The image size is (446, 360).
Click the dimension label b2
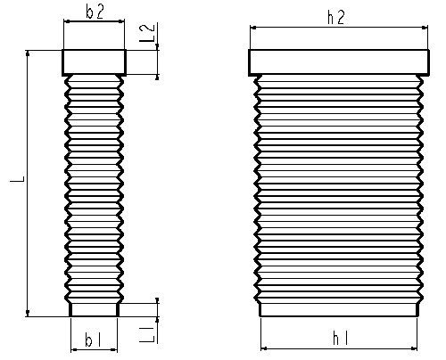pyautogui.click(x=95, y=12)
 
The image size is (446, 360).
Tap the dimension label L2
pyautogui.click(x=148, y=32)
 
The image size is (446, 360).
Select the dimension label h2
pyautogui.click(x=336, y=17)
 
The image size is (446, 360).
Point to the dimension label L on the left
pyautogui.click(x=18, y=178)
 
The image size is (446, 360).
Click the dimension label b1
pyautogui.click(x=93, y=340)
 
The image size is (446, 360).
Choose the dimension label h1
pyautogui.click(x=340, y=339)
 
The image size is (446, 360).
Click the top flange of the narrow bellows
pyautogui.click(x=95, y=62)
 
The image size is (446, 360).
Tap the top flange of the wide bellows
pyautogui.click(x=339, y=62)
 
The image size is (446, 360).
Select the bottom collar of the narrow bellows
pyautogui.click(x=95, y=309)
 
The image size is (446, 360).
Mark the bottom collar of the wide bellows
pyautogui.click(x=339, y=309)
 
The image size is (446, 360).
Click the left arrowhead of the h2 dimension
pyautogui.click(x=253, y=28)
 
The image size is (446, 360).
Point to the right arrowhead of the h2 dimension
pyautogui.click(x=425, y=28)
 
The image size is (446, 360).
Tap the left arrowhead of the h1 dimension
pyautogui.click(x=264, y=348)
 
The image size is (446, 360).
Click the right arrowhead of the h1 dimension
pyautogui.click(x=414, y=348)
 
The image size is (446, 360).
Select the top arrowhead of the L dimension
pyautogui.click(x=28, y=53)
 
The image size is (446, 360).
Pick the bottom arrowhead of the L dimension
pyautogui.click(x=28, y=313)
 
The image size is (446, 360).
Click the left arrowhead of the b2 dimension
pyautogui.click(x=67, y=21)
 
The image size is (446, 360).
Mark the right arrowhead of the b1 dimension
pyautogui.click(x=114, y=349)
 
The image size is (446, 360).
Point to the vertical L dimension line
pyautogui.click(x=28, y=184)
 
